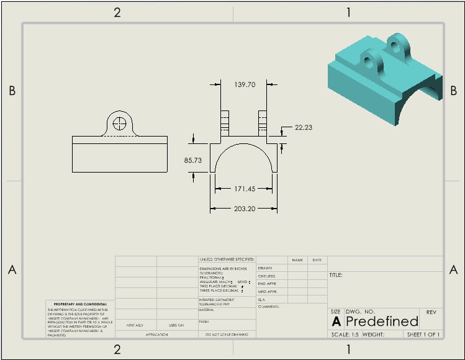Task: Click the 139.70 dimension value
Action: [245, 84]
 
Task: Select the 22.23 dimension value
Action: [304, 127]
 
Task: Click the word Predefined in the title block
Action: [382, 321]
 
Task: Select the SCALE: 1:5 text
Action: [345, 335]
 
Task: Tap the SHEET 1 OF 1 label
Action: [423, 335]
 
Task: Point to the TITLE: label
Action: [336, 275]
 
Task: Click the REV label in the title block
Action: [431, 312]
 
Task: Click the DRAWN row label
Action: [266, 268]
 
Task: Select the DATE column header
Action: [317, 260]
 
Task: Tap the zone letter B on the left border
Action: [11, 91]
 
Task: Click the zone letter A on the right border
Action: [453, 269]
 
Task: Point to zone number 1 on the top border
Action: [348, 12]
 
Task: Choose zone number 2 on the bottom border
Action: [117, 349]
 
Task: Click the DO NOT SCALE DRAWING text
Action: [227, 335]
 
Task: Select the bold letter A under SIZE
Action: [336, 322]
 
